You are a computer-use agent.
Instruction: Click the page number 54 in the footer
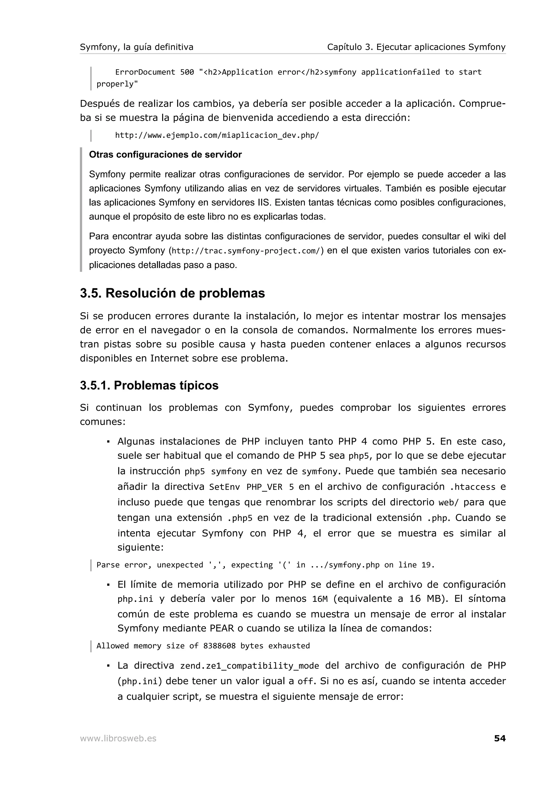click(499, 738)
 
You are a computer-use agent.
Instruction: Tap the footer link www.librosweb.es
click(118, 739)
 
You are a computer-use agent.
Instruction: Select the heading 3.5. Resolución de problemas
click(172, 293)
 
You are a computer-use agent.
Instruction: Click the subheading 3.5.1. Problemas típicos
click(149, 385)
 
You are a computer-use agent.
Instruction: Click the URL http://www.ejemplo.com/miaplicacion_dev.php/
click(217, 135)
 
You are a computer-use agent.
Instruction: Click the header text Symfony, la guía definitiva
click(136, 47)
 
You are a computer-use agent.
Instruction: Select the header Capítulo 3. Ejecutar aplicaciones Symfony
click(416, 47)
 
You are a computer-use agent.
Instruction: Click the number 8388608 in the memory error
click(219, 646)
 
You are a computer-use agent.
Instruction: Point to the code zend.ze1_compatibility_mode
click(249, 666)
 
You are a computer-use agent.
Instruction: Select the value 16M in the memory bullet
click(320, 599)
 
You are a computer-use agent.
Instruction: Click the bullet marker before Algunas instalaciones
click(108, 442)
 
